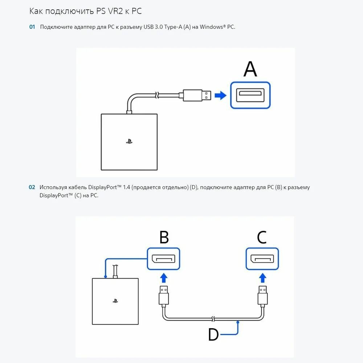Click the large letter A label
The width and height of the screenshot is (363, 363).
point(250,69)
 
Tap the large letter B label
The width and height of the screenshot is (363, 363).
point(164,237)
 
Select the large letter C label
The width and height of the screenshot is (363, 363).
point(262,237)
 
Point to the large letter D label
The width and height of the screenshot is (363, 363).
point(213,334)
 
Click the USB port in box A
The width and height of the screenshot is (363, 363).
point(250,95)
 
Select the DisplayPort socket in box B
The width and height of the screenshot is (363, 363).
point(164,259)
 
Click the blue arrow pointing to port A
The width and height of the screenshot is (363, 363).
point(220,95)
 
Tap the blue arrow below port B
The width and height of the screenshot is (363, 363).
point(164,278)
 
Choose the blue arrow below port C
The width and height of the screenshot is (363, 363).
point(262,278)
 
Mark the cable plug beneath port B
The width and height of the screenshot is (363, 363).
point(164,296)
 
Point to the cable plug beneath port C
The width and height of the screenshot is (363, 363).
point(262,296)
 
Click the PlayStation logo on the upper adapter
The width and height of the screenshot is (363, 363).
point(129,142)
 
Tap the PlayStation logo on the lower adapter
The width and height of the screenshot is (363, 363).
point(115,301)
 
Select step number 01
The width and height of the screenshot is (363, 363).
point(32,27)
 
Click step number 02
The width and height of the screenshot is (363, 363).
point(32,187)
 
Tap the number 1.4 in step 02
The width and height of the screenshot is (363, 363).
point(126,187)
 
